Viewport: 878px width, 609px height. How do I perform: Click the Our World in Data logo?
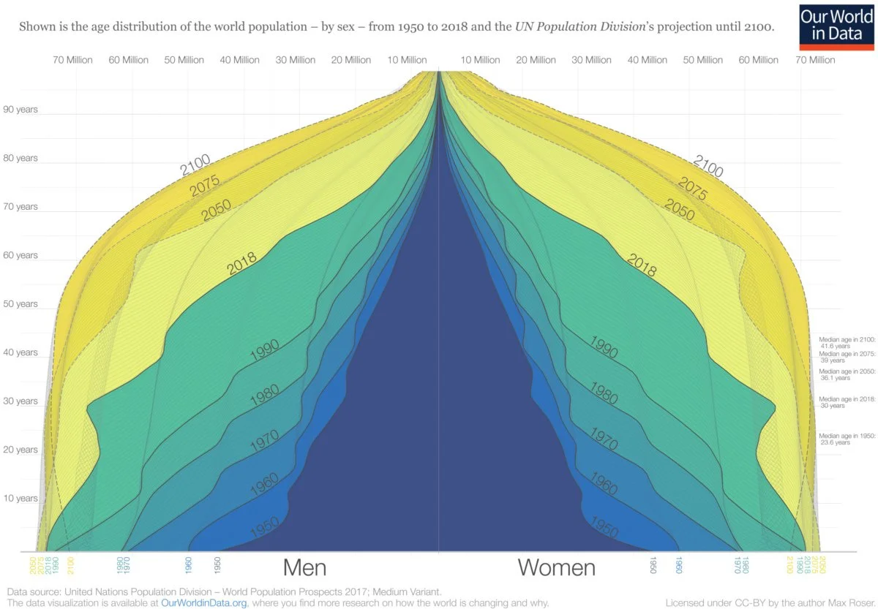[836, 26]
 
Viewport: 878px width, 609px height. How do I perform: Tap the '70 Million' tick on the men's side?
[72, 60]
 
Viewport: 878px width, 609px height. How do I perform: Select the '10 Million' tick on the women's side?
[481, 60]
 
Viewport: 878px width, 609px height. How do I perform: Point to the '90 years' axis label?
[20, 110]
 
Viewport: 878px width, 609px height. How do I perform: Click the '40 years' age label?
[20, 352]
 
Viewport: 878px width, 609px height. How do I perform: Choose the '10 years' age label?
[20, 498]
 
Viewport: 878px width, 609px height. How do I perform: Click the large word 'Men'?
[304, 567]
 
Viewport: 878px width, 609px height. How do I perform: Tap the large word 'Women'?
[557, 567]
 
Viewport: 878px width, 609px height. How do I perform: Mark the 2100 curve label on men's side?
[195, 165]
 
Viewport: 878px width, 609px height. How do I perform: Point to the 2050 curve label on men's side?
[215, 211]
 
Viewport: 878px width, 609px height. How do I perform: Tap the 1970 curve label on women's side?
[604, 438]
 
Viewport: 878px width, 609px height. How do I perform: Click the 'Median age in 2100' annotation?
[847, 342]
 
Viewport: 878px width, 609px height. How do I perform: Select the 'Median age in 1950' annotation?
[847, 439]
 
